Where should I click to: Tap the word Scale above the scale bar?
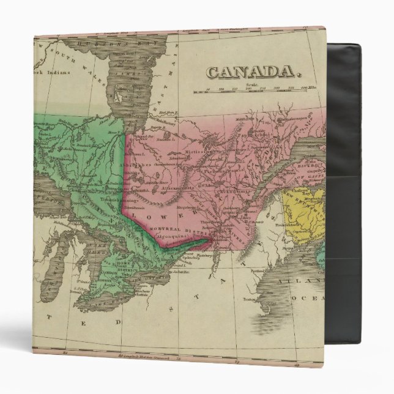[x=249, y=84]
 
